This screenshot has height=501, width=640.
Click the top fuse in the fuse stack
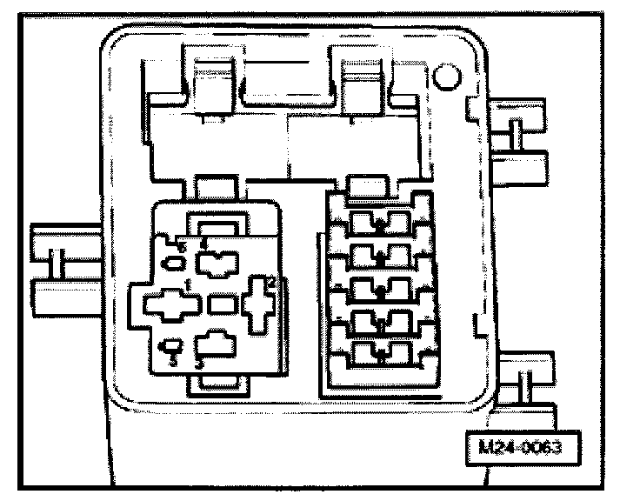379,224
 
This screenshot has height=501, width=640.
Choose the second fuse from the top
379,256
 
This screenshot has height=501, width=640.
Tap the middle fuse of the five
379,289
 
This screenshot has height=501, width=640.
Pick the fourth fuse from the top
379,322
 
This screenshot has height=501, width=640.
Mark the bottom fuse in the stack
379,354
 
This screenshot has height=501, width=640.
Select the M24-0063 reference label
521,451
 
